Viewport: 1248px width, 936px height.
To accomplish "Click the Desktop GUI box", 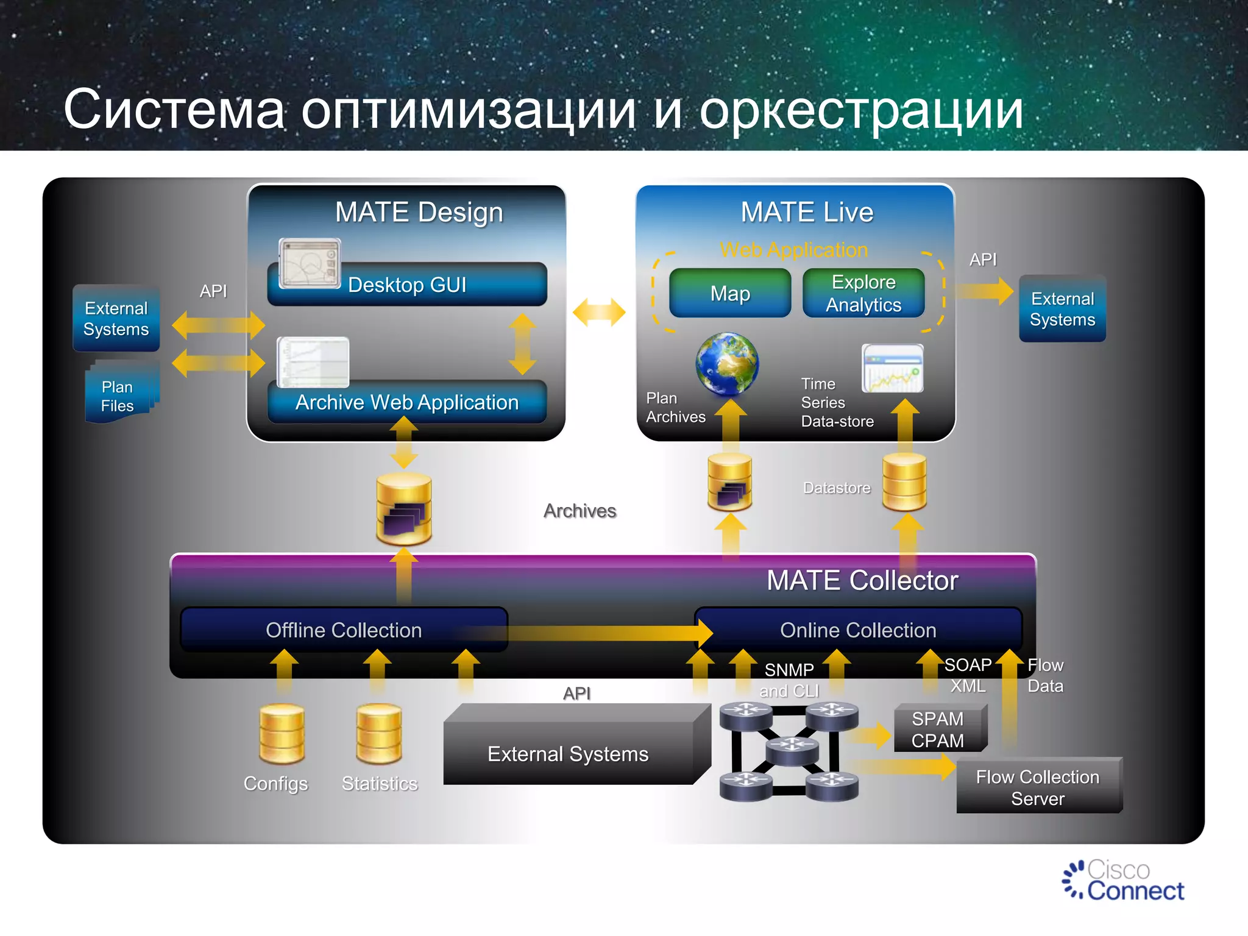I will pos(407,285).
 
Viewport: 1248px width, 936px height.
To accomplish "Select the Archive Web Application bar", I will pos(407,402).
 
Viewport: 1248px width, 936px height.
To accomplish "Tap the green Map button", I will pos(730,293).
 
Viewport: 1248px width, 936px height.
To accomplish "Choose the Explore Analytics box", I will pos(863,293).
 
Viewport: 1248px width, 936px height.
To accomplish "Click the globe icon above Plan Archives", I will pos(727,364).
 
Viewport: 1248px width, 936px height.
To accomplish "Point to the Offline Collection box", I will pos(344,630).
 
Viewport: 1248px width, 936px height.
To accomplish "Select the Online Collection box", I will pos(858,630).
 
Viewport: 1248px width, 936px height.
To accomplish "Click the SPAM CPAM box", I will pos(938,729).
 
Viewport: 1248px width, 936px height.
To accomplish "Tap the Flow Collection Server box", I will pos(1038,787).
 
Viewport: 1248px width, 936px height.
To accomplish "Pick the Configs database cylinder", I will pos(282,734).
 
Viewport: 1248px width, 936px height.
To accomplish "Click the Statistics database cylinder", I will pos(379,734).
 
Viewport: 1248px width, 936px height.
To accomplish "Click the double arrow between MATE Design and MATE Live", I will pos(599,312).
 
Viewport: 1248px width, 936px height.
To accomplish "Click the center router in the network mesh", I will pos(792,750).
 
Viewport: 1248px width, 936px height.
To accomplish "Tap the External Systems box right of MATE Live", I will pos(1062,309).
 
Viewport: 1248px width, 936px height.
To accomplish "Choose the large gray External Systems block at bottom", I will pos(568,753).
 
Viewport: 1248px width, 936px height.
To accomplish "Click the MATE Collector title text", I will pos(862,580).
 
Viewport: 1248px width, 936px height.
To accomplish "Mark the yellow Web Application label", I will pos(793,250).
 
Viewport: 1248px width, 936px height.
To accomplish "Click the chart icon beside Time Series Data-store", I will pos(892,369).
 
